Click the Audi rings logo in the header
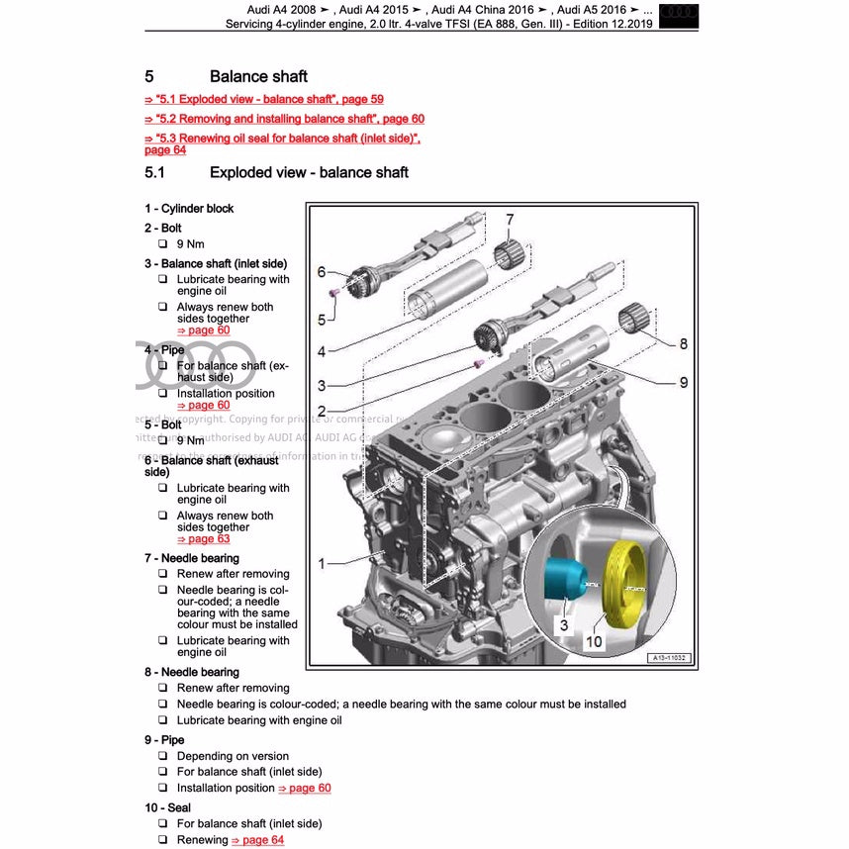pos(678,15)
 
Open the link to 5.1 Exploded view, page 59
pos(264,99)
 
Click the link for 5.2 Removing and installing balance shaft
pos(285,119)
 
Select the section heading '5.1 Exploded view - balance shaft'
pos(276,172)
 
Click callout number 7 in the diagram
pos(510,219)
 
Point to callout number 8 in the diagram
pos(683,344)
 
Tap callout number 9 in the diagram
pos(683,382)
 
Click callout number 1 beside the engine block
pos(321,563)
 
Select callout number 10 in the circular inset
pos(594,641)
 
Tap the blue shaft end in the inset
pos(567,580)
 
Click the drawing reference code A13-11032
pos(669,658)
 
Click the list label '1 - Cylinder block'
pos(189,209)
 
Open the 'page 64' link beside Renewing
pos(257,840)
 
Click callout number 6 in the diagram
pos(321,271)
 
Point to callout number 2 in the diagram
pos(321,411)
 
